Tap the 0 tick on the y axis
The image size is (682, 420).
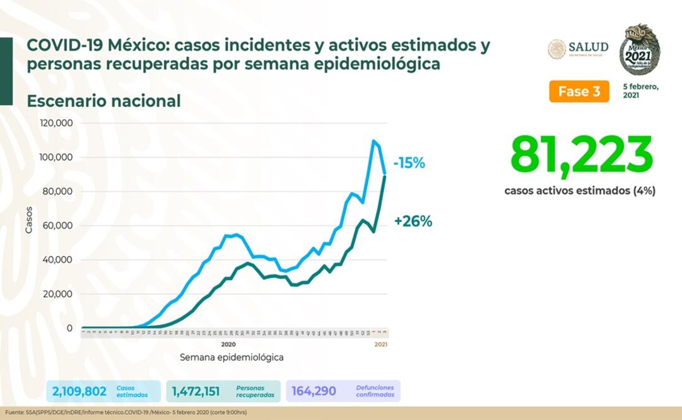tap(69, 328)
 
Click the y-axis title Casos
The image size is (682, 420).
tap(29, 220)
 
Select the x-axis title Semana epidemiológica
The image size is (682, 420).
tap(232, 357)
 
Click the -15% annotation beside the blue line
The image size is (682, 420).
tap(409, 163)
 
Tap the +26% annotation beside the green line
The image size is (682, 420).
tap(413, 221)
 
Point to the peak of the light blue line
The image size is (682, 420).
tap(373, 141)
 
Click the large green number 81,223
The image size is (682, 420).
tap(581, 155)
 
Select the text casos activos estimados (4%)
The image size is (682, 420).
tap(580, 190)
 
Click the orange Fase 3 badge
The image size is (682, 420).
tap(579, 91)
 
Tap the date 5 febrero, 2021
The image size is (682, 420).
tap(640, 91)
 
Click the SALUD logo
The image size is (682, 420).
tap(578, 49)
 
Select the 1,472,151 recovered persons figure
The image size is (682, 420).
tap(196, 391)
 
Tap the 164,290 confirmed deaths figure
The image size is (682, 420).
tap(314, 391)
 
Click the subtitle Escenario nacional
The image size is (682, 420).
tap(103, 101)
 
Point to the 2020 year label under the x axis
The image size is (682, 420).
tap(228, 344)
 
